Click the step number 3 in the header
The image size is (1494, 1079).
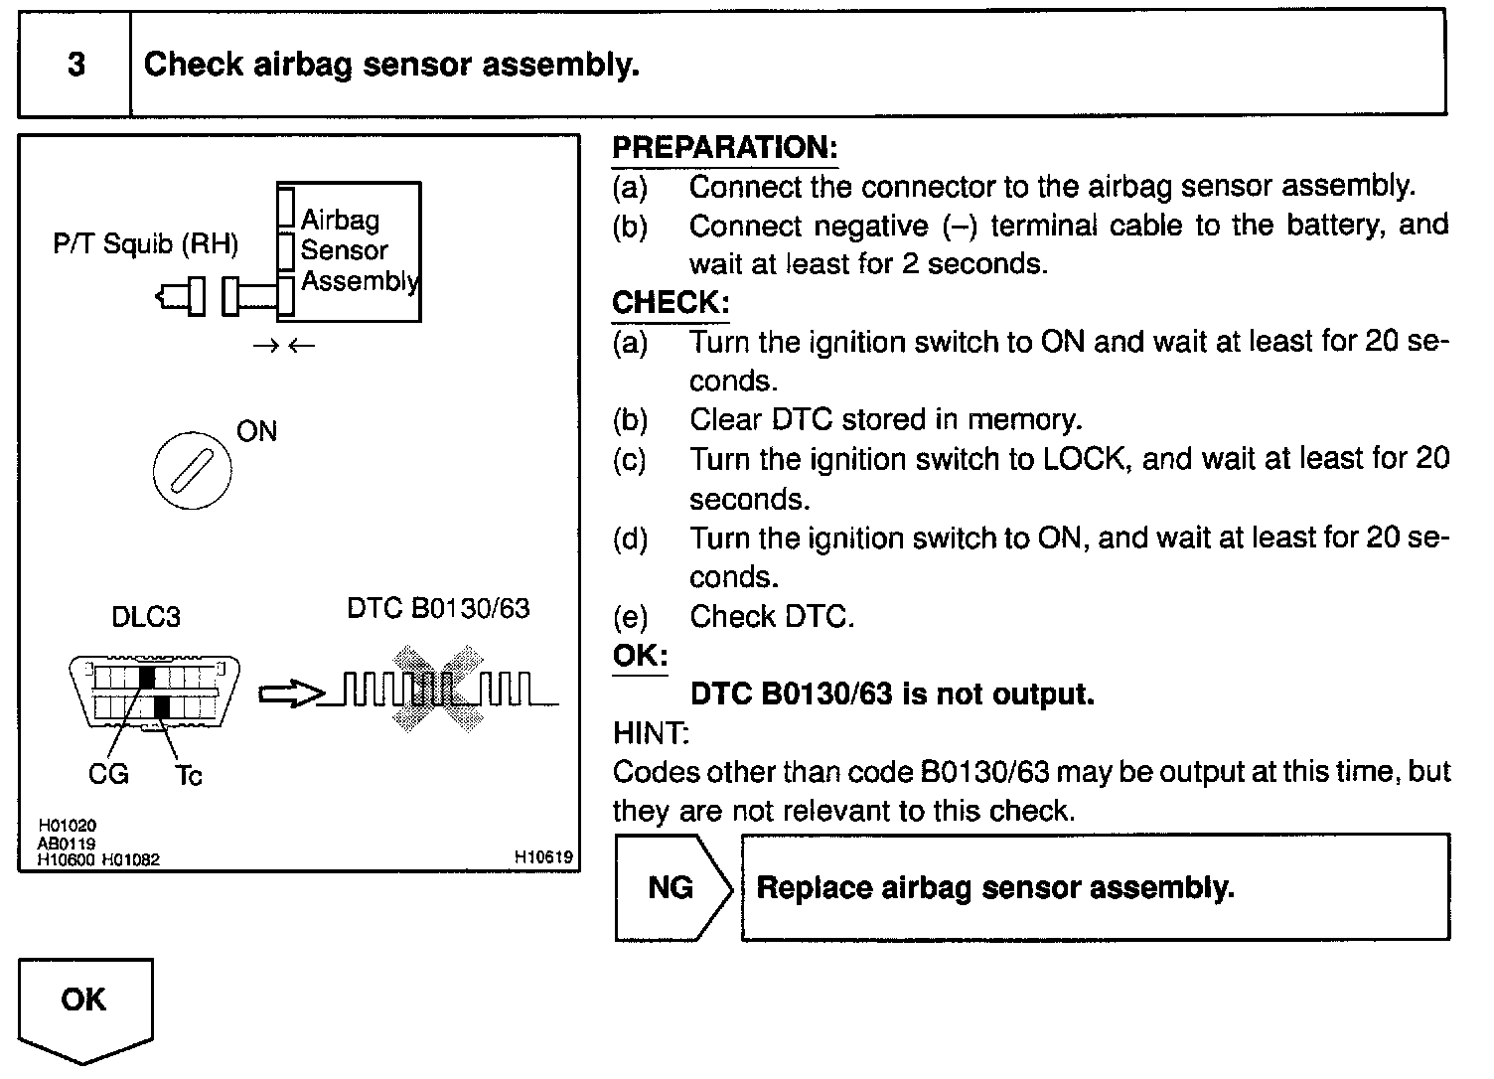(x=75, y=66)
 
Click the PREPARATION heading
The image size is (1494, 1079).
(x=724, y=148)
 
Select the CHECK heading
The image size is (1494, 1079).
(x=671, y=303)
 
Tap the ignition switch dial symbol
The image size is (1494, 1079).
(x=193, y=470)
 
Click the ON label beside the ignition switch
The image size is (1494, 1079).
(x=256, y=431)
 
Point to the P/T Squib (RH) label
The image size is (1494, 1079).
(x=146, y=244)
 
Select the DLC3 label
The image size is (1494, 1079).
(x=146, y=617)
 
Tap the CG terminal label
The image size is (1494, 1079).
(x=108, y=774)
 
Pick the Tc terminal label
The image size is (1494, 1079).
(x=188, y=775)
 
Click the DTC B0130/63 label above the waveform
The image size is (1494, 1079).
(x=438, y=608)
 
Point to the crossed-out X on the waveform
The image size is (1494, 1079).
(x=437, y=690)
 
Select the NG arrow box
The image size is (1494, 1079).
(x=672, y=887)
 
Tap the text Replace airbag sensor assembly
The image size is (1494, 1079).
(x=995, y=887)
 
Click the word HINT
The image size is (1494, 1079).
(x=651, y=733)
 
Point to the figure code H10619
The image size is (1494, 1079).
(x=543, y=856)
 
